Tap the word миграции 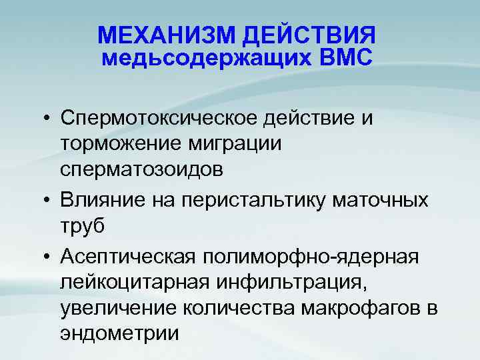pos(245,144)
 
